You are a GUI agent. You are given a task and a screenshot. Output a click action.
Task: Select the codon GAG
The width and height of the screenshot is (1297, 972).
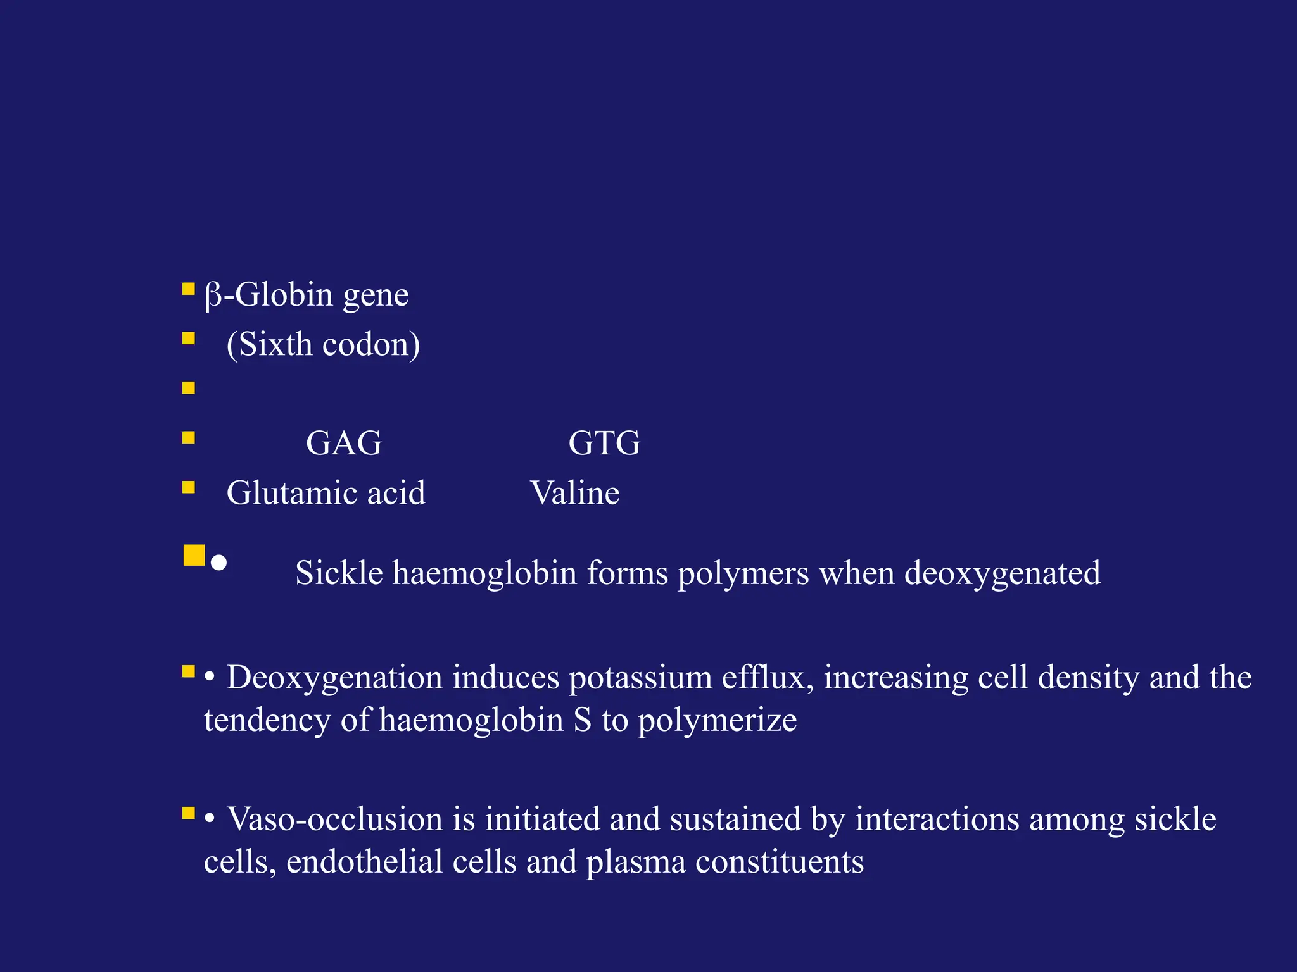coord(344,443)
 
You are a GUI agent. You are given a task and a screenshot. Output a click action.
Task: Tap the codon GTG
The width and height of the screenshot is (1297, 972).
coord(604,443)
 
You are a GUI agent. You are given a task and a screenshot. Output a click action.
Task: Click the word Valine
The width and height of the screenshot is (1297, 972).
coord(574,493)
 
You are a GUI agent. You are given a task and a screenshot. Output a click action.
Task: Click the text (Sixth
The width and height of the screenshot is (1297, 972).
coord(269,345)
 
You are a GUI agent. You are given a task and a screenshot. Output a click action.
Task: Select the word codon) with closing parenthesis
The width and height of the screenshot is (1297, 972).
coord(371,345)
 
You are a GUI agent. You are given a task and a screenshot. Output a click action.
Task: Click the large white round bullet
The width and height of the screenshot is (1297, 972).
coord(218,563)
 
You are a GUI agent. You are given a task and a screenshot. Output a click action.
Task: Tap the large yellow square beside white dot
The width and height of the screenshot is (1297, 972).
coord(194,555)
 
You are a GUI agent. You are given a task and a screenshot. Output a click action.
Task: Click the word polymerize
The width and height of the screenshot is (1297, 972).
coord(717,721)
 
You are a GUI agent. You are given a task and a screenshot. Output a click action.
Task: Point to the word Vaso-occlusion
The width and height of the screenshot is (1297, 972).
coord(334,819)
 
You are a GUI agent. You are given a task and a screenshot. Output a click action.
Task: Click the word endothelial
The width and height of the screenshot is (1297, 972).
coord(402,862)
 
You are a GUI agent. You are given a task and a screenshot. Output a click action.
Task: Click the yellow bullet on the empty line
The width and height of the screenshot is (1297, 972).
coord(188,388)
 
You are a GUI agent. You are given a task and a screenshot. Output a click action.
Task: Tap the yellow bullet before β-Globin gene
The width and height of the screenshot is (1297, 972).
coord(188,289)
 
